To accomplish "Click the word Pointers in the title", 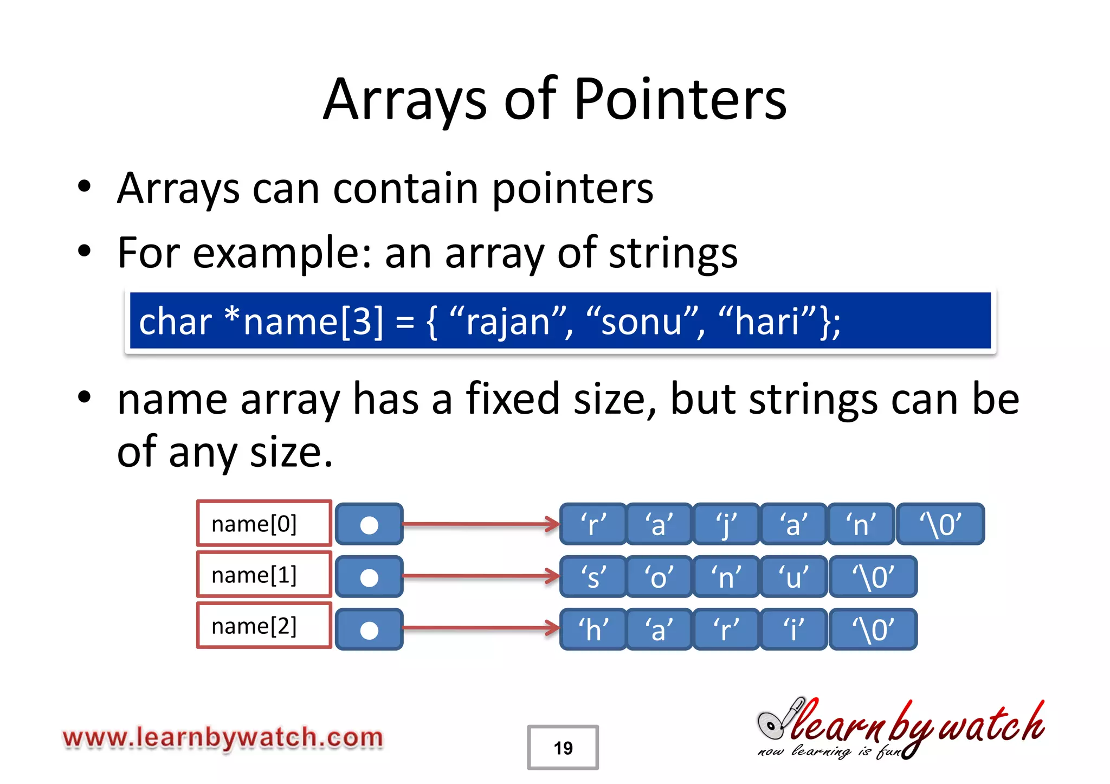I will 680,100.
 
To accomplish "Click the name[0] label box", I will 264,524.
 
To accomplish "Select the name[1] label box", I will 264,575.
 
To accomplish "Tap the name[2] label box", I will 264,626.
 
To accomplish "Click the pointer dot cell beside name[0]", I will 369,524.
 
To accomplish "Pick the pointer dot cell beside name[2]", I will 369,629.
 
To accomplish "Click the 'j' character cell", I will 726,524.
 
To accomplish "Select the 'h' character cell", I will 593,629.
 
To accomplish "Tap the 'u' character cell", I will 793,577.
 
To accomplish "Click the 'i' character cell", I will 793,629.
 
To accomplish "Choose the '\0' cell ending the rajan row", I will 940,524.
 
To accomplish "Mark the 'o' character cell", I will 659,577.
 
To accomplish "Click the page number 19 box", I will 563,748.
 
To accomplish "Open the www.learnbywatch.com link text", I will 223,738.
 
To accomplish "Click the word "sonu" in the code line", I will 642,322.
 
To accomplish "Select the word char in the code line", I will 175,322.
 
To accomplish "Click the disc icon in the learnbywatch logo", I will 771,724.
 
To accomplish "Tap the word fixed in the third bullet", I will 512,399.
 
